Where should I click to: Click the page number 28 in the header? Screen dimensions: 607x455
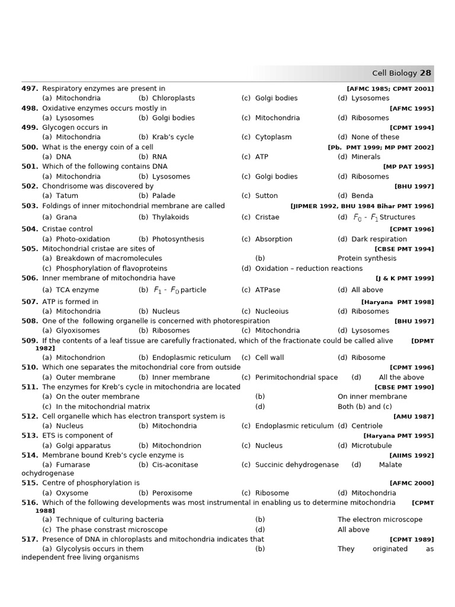425,73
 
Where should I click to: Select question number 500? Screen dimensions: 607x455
30,147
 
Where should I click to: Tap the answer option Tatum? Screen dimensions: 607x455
67,196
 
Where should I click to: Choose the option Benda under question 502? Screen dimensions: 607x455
362,196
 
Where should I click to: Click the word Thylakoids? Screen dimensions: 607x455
171,217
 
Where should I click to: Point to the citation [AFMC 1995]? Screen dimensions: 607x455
411,108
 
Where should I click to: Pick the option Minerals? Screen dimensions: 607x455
366,156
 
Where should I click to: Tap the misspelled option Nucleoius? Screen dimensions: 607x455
272,311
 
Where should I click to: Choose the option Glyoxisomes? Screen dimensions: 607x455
78,331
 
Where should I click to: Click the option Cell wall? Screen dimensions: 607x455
270,357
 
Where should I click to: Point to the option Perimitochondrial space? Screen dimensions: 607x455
296,377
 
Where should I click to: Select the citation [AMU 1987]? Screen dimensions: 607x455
413,416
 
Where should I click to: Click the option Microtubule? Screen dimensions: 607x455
371,445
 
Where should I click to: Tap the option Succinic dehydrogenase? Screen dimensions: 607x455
297,465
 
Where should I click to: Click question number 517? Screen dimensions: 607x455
30,539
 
